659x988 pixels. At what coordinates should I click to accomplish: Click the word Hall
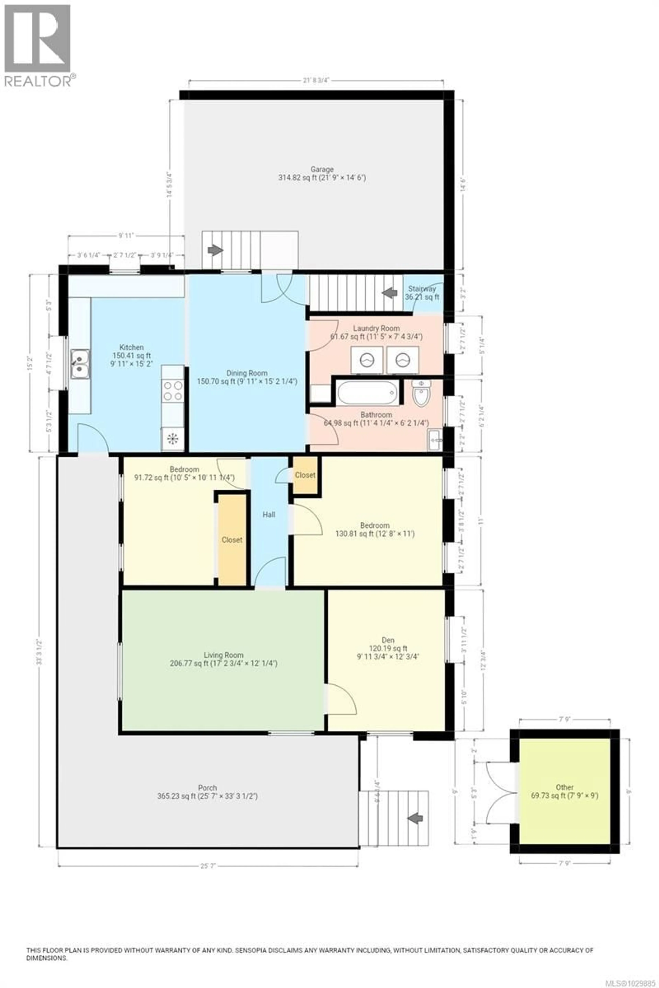click(269, 515)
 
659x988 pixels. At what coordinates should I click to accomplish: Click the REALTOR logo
click(38, 44)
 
